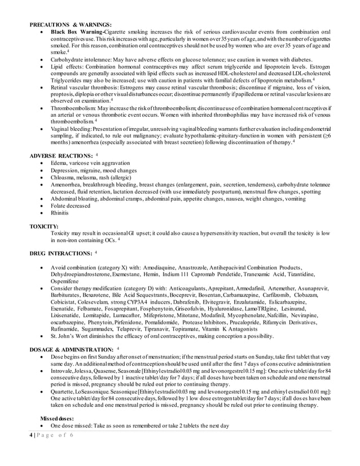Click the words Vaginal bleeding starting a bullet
71,129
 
